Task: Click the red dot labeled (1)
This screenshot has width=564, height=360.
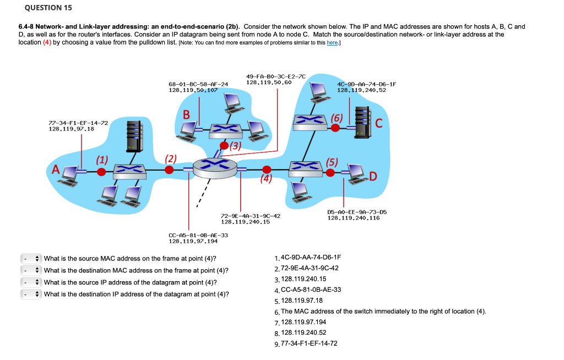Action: [x=101, y=172]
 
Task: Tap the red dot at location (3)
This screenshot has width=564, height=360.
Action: [x=224, y=145]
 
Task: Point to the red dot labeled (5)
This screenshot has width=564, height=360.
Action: [x=330, y=172]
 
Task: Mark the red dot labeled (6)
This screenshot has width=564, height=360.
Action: [x=334, y=128]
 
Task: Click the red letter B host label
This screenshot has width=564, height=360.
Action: [x=186, y=114]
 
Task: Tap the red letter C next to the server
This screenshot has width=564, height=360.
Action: [x=379, y=123]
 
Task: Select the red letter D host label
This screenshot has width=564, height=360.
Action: [x=373, y=176]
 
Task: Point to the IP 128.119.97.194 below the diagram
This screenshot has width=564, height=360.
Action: [x=193, y=241]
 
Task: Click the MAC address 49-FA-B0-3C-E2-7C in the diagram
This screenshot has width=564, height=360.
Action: [x=276, y=76]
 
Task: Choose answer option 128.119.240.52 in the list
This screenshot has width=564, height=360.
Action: [x=303, y=332]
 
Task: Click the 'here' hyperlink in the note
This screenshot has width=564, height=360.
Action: [x=332, y=43]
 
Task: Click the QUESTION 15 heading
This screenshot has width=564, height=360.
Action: [x=41, y=8]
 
